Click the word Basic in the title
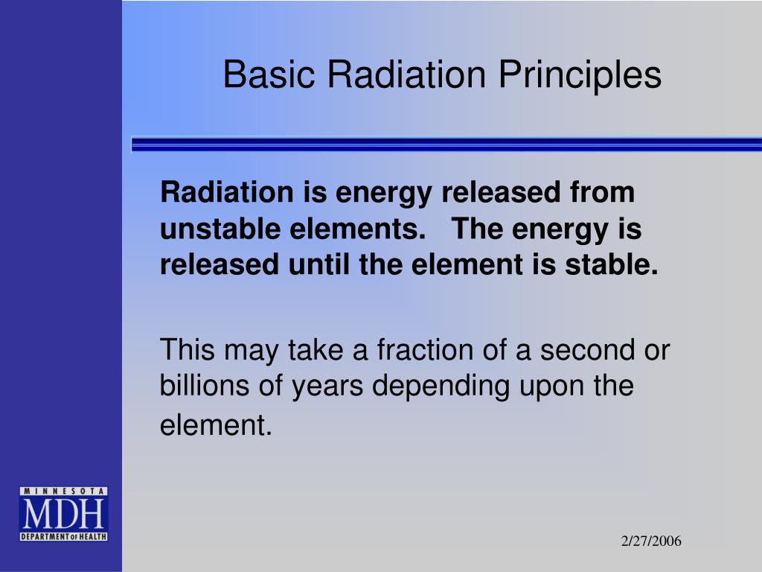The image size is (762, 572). point(269,74)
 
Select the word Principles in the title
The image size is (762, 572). point(580,75)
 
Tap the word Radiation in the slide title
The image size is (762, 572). point(406,74)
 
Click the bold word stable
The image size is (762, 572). point(612,264)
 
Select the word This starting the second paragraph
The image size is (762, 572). point(187,349)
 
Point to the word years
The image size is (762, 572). point(327,387)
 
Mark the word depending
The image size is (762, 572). point(441,387)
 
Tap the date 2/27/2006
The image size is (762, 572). point(651,541)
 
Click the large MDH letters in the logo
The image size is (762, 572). point(63,514)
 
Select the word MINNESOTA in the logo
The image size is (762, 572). point(63,492)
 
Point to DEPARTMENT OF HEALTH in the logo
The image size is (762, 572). point(63,536)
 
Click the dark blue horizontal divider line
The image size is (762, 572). point(446,144)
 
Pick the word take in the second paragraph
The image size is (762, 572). point(316,349)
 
